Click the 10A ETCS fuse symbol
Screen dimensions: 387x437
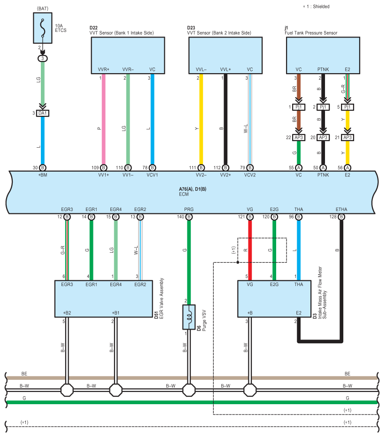coord(43,28)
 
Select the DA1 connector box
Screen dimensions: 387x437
coord(43,113)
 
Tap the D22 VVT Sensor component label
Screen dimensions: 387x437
coord(122,30)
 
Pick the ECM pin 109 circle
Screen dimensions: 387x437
coord(104,168)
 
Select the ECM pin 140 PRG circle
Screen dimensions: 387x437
coord(189,217)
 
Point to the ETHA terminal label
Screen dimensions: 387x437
coord(341,209)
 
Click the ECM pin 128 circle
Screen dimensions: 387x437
coord(341,217)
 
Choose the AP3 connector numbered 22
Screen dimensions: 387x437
coord(299,137)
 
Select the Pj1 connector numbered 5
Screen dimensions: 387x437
coord(348,107)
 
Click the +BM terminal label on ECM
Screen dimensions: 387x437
coord(43,175)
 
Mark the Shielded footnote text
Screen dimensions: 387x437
coord(316,7)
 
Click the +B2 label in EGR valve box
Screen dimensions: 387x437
coord(67,313)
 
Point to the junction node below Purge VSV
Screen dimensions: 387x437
coord(189,390)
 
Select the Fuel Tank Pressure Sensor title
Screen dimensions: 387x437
coord(311,33)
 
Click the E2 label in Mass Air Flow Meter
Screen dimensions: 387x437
coord(299,313)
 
